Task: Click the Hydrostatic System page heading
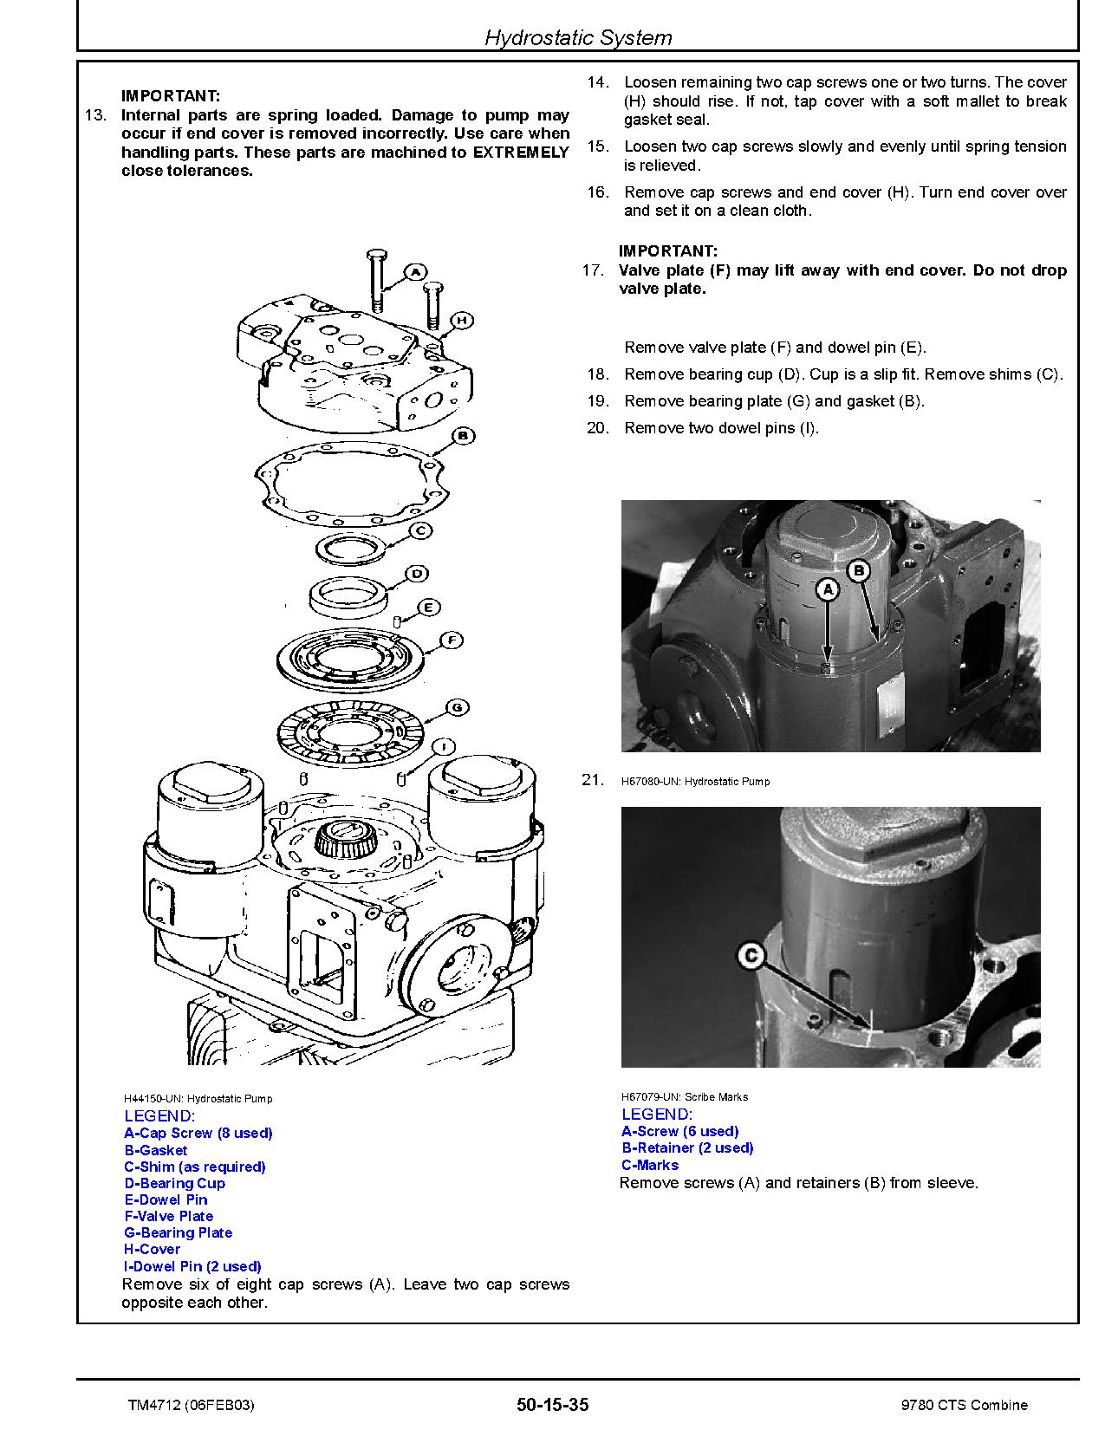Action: [577, 38]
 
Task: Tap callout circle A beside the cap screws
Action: [414, 271]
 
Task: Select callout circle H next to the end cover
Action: [462, 321]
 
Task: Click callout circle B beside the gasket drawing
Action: [463, 435]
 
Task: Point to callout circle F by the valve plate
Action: [452, 640]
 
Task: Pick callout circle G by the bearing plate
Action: [457, 707]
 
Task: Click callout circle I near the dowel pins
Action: [444, 746]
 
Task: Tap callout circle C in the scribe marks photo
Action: [751, 957]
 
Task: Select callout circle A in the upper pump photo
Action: [828, 589]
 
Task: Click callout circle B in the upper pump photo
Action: [858, 570]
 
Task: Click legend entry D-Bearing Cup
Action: [174, 1183]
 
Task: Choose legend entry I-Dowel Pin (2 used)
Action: [192, 1266]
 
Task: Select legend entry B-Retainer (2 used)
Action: [687, 1147]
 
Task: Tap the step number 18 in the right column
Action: [598, 374]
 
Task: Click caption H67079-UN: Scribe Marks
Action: [685, 1096]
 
